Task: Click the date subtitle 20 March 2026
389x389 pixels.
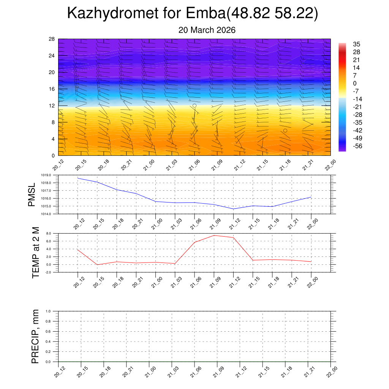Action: pos(207,30)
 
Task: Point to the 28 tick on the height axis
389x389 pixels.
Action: pos(52,39)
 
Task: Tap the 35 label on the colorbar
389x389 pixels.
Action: pos(356,44)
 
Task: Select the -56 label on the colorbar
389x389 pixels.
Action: pos(357,146)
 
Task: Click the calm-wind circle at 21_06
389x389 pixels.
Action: pos(194,106)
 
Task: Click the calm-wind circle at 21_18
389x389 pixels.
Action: pos(285,131)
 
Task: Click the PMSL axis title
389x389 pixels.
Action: pos(32,195)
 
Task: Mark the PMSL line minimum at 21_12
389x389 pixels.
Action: pos(233,209)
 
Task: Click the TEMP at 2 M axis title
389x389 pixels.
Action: pos(36,253)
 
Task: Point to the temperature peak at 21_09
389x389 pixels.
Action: pos(214,236)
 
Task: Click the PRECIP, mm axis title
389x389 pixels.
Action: pos(35,337)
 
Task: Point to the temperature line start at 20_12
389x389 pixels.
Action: pos(78,250)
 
